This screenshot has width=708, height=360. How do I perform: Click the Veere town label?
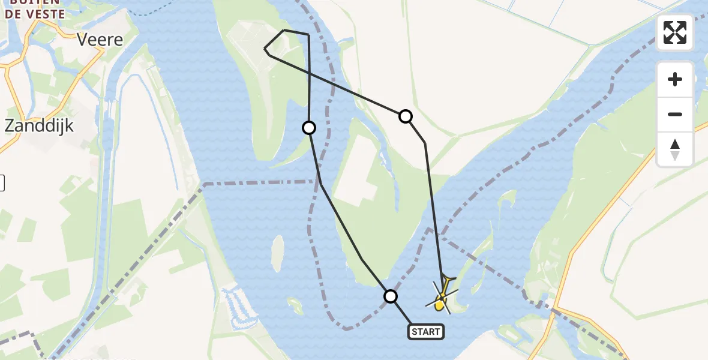(100, 40)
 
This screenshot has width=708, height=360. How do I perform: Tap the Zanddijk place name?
(39, 125)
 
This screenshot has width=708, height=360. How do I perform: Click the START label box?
(426, 331)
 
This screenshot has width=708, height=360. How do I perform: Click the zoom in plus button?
(675, 79)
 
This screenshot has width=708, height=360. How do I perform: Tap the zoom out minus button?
(675, 114)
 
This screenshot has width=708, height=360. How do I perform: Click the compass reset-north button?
(675, 149)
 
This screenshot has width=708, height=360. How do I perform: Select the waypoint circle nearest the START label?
(391, 296)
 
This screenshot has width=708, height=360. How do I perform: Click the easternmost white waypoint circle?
(406, 116)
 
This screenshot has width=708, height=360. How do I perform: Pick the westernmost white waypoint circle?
(309, 127)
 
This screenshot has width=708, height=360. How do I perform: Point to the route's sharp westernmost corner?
(265, 48)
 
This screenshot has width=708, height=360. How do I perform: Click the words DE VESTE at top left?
(36, 14)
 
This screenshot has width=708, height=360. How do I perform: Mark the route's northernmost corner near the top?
(284, 29)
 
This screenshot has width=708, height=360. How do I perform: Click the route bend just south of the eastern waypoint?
(425, 143)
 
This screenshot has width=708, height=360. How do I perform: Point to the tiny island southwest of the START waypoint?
(295, 307)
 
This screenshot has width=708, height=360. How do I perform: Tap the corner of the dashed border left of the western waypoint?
(205, 183)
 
